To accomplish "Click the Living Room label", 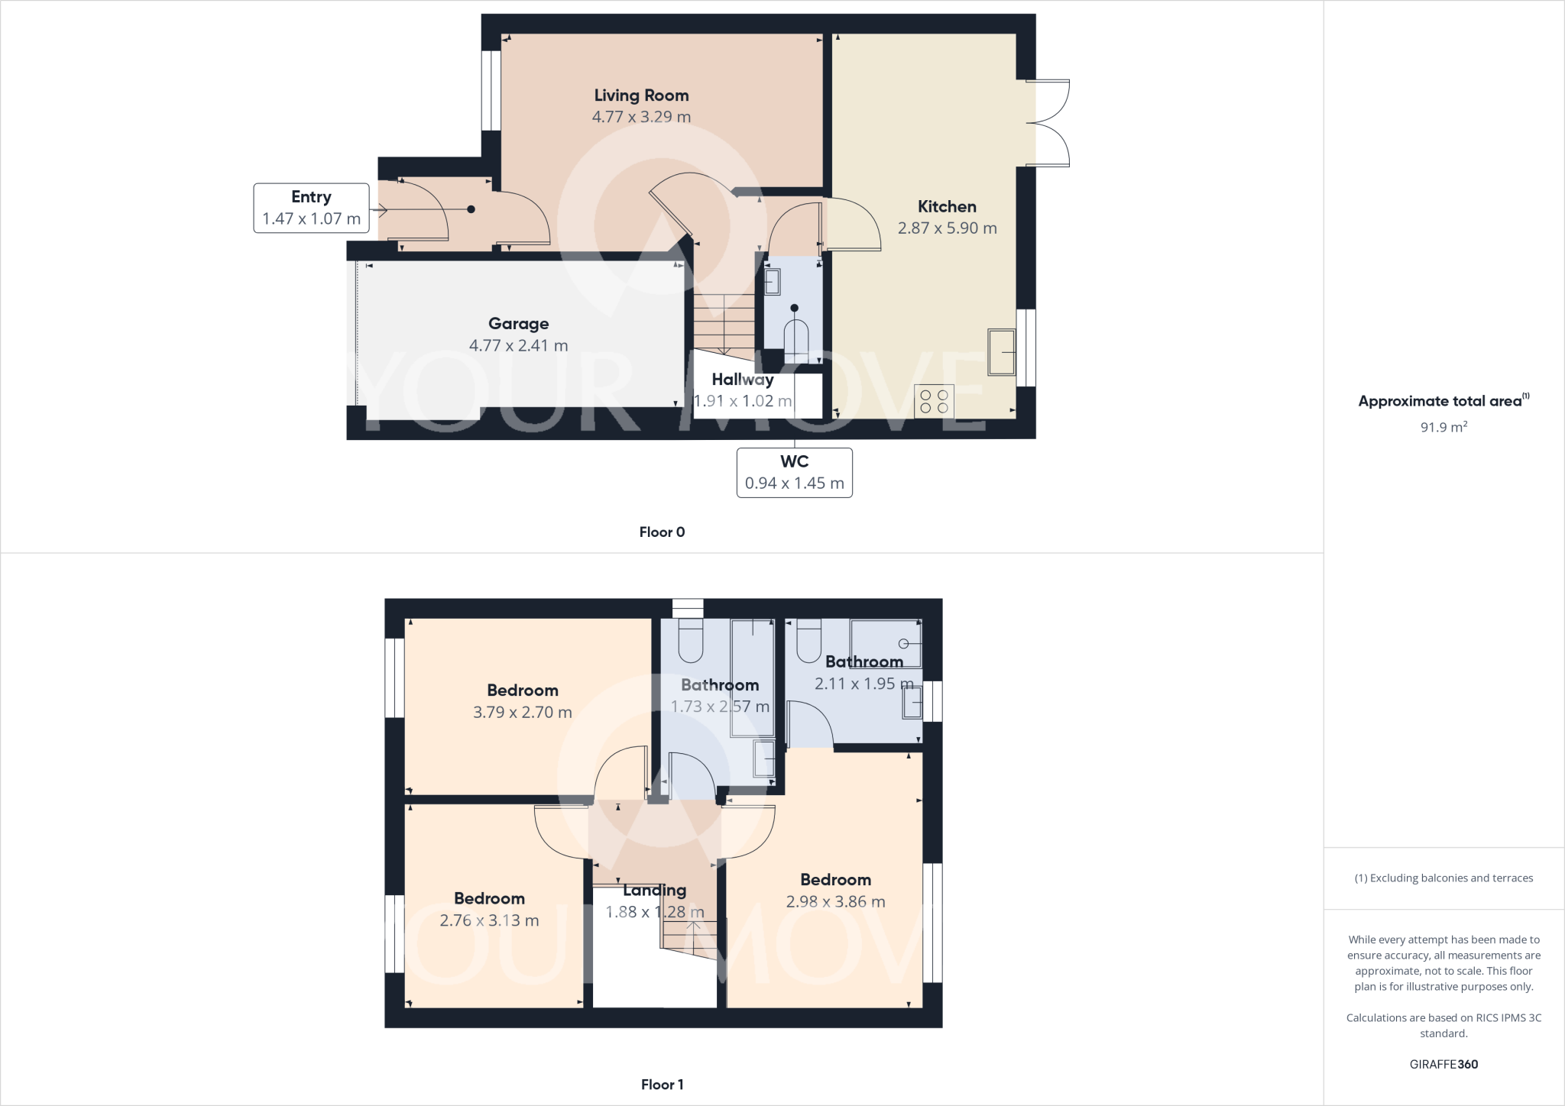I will pyautogui.click(x=641, y=95).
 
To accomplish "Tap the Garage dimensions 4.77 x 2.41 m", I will pyautogui.click(x=518, y=345).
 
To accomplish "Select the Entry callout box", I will pyautogui.click(x=311, y=208).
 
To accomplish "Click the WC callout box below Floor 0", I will pyautogui.click(x=794, y=472).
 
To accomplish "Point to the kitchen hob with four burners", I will pyautogui.click(x=934, y=401).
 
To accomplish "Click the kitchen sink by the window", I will pyautogui.click(x=1001, y=352).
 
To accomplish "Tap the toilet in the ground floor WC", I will pyautogui.click(x=795, y=339).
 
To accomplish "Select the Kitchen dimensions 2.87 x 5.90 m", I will pyautogui.click(x=947, y=228).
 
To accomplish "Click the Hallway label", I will pyautogui.click(x=742, y=380).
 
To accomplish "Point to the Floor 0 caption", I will pyautogui.click(x=662, y=532).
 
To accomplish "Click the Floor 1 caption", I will pyautogui.click(x=662, y=1085).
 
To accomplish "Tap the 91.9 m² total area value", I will pyautogui.click(x=1443, y=427).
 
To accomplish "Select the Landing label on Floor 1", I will pyautogui.click(x=654, y=890).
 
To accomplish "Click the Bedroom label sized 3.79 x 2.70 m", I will pyautogui.click(x=522, y=690).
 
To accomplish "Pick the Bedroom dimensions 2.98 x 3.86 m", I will pyautogui.click(x=835, y=901).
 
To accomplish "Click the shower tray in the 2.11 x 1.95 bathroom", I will pyautogui.click(x=886, y=643).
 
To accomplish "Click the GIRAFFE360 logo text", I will pyautogui.click(x=1443, y=1064).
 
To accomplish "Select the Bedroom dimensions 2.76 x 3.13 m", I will pyautogui.click(x=489, y=920).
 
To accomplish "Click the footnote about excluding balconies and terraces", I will pyautogui.click(x=1443, y=878).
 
